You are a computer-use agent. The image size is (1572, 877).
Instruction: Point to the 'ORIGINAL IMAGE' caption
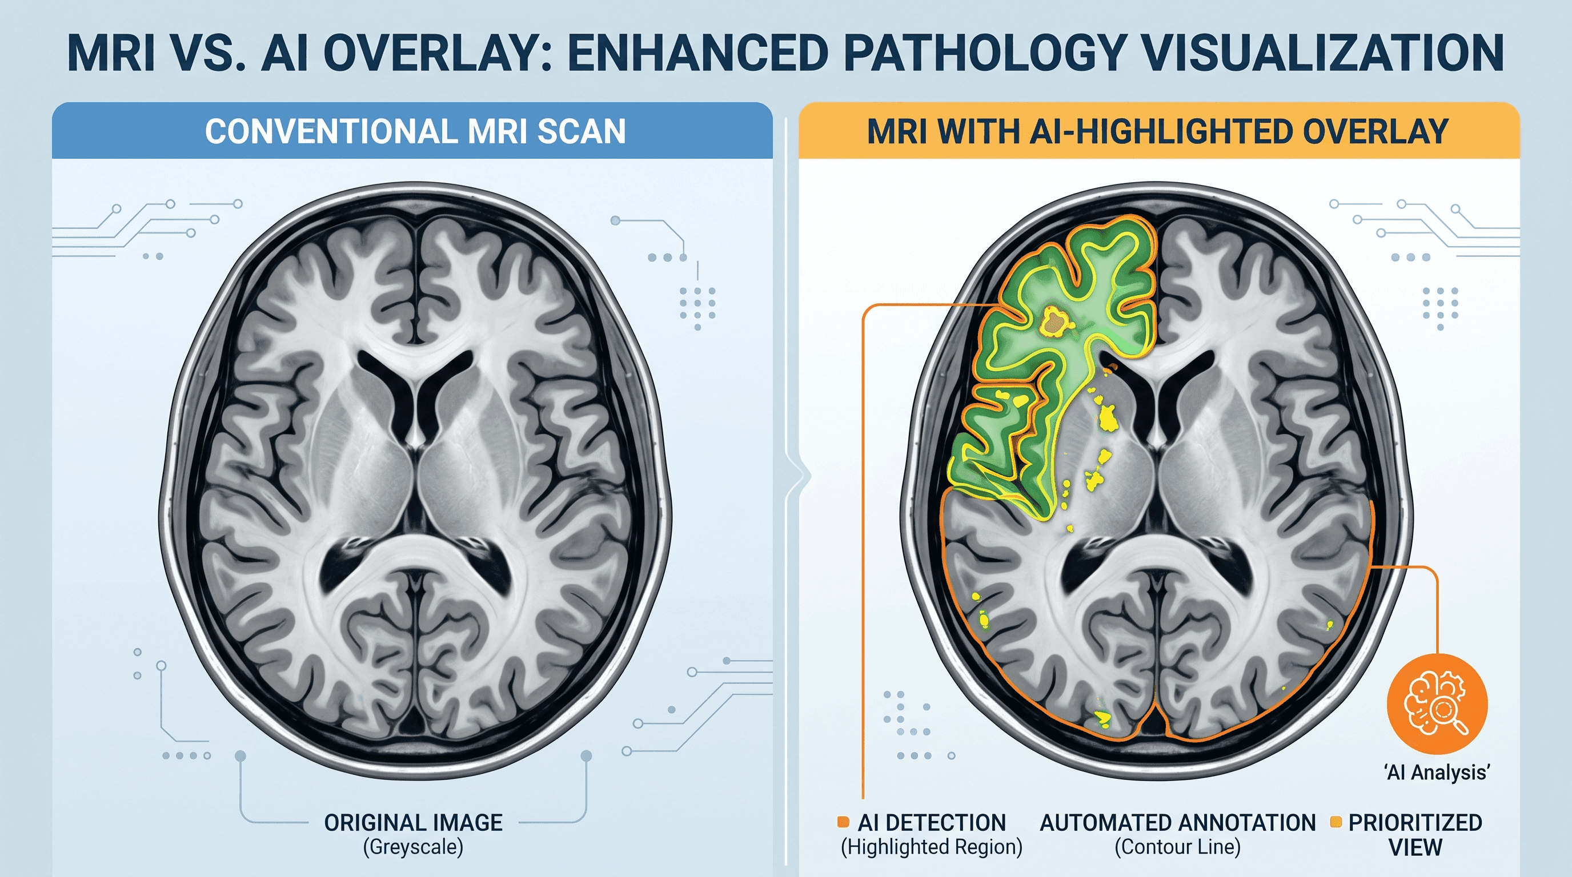point(413,823)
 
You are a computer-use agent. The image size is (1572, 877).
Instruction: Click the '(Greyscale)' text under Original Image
point(413,847)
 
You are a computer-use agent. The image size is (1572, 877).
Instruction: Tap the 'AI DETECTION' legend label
point(932,823)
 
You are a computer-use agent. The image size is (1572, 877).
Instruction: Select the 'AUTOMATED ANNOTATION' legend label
point(1178,823)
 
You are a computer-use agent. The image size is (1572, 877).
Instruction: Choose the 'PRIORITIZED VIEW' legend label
point(1415,835)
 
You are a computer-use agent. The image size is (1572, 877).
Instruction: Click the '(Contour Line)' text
point(1178,847)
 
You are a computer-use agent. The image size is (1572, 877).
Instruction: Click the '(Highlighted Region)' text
point(931,847)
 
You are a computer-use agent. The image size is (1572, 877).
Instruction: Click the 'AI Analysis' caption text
point(1437,773)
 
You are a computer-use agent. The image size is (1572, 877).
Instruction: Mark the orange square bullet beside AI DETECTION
point(843,822)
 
